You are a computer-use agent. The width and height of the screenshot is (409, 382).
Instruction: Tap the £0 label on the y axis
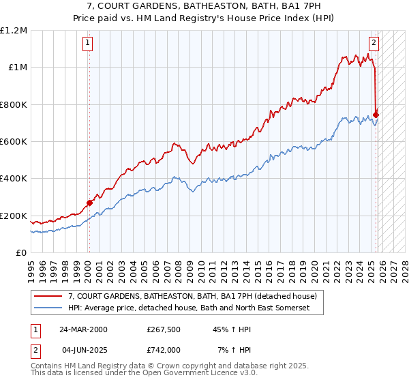[x=21, y=252]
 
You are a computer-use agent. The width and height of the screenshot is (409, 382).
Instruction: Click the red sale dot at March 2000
[x=89, y=203]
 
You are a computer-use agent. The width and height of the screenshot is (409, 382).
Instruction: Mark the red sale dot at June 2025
[x=376, y=115]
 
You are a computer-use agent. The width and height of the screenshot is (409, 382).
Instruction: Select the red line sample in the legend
[x=48, y=297]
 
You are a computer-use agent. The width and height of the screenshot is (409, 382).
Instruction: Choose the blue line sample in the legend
[x=48, y=308]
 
